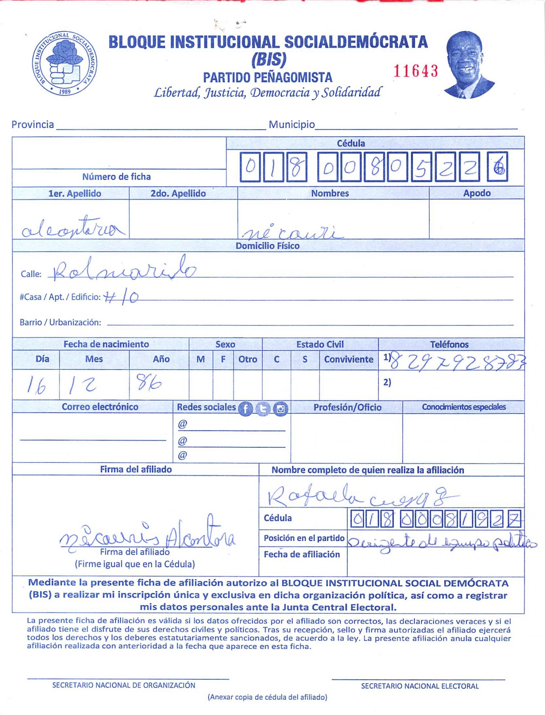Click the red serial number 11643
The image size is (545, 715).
point(415,71)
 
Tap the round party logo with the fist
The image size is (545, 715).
point(65,63)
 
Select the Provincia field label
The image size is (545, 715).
point(32,124)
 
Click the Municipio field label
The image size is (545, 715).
point(291,124)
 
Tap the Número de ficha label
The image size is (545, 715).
point(116,177)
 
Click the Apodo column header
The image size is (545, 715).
point(476,193)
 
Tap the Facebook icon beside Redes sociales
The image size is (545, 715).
point(245,409)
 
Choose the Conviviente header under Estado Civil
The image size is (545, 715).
point(348,359)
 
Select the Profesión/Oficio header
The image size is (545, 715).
point(347,407)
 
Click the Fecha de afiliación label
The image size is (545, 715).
point(302,554)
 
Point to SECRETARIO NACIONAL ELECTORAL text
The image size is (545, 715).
point(420,686)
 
